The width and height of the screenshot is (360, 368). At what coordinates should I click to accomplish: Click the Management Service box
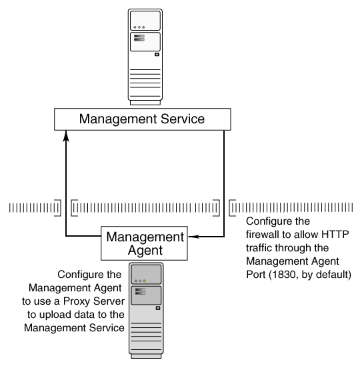[142, 119]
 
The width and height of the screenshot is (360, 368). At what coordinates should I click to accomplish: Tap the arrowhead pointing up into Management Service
[65, 135]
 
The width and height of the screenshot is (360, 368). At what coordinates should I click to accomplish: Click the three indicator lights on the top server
[139, 27]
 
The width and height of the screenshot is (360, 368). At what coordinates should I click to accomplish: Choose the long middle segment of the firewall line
[145, 209]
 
